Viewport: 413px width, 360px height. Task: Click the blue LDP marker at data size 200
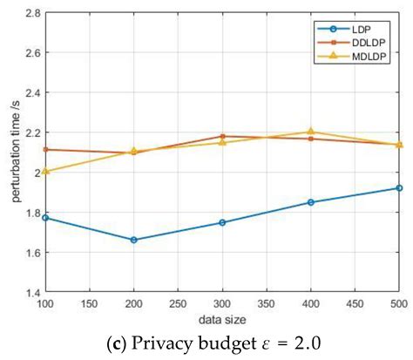[133, 240]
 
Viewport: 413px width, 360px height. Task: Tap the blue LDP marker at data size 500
[399, 188]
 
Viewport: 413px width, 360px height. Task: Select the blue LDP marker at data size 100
[44, 217]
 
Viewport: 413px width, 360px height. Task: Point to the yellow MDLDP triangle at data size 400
[310, 132]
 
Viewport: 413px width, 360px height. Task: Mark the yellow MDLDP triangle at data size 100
[44, 171]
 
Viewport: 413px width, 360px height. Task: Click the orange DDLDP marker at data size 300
[222, 136]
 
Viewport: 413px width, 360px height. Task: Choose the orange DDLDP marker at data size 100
[44, 149]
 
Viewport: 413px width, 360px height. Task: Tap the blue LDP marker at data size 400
[310, 202]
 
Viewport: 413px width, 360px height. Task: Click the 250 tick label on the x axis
[178, 306]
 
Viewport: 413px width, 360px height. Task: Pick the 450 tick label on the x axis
[355, 306]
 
